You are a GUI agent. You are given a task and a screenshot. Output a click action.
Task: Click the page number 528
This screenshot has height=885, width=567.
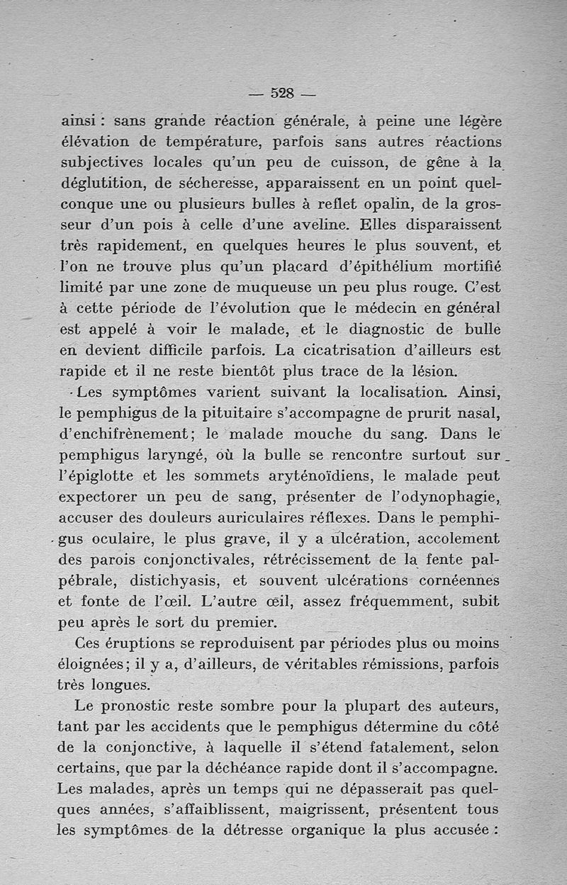coord(283,93)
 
